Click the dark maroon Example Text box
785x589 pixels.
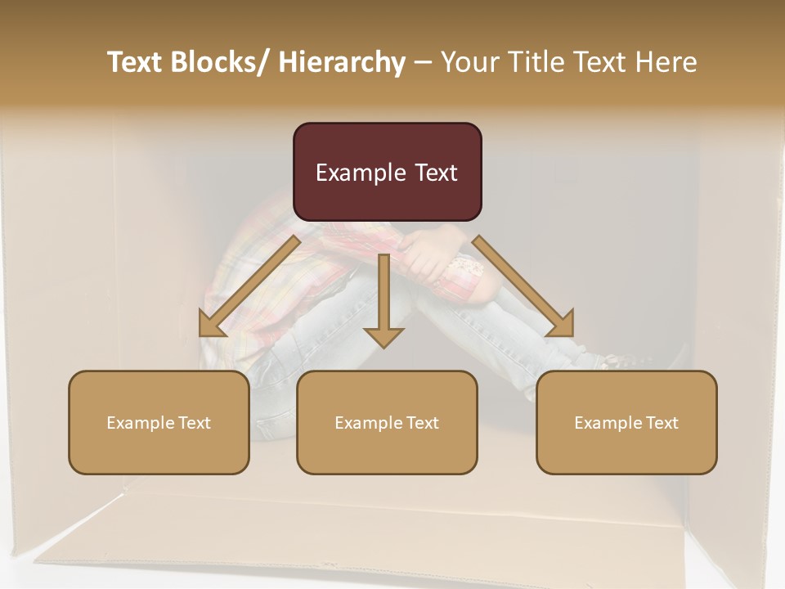[x=387, y=172]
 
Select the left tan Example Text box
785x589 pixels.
[x=159, y=422]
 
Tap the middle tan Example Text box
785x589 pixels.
[x=387, y=422]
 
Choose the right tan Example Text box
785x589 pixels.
[x=626, y=422]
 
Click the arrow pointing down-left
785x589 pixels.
[x=249, y=286]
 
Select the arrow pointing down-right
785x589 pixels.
[x=523, y=286]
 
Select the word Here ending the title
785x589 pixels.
[x=666, y=62]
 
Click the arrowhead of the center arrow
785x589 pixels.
[x=384, y=336]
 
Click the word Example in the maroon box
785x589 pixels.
[x=361, y=173]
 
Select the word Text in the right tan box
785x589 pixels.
[x=662, y=422]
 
